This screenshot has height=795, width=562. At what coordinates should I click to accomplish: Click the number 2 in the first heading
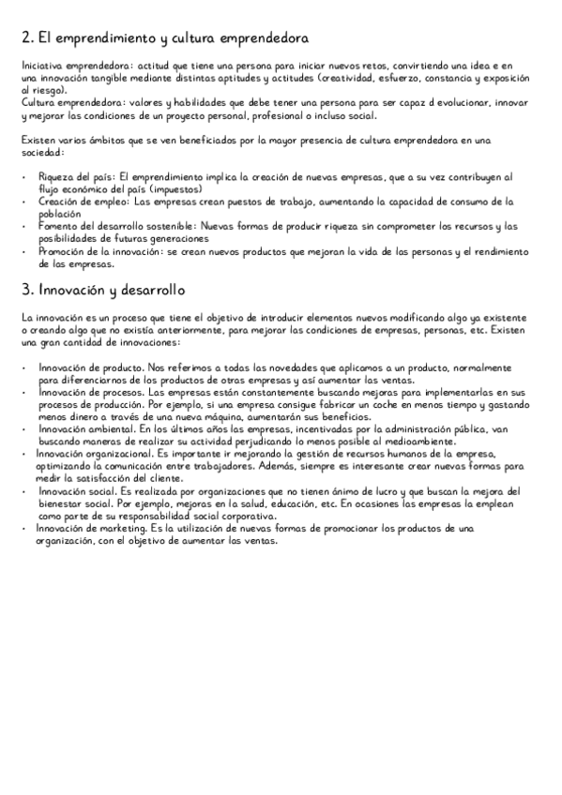[25, 39]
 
